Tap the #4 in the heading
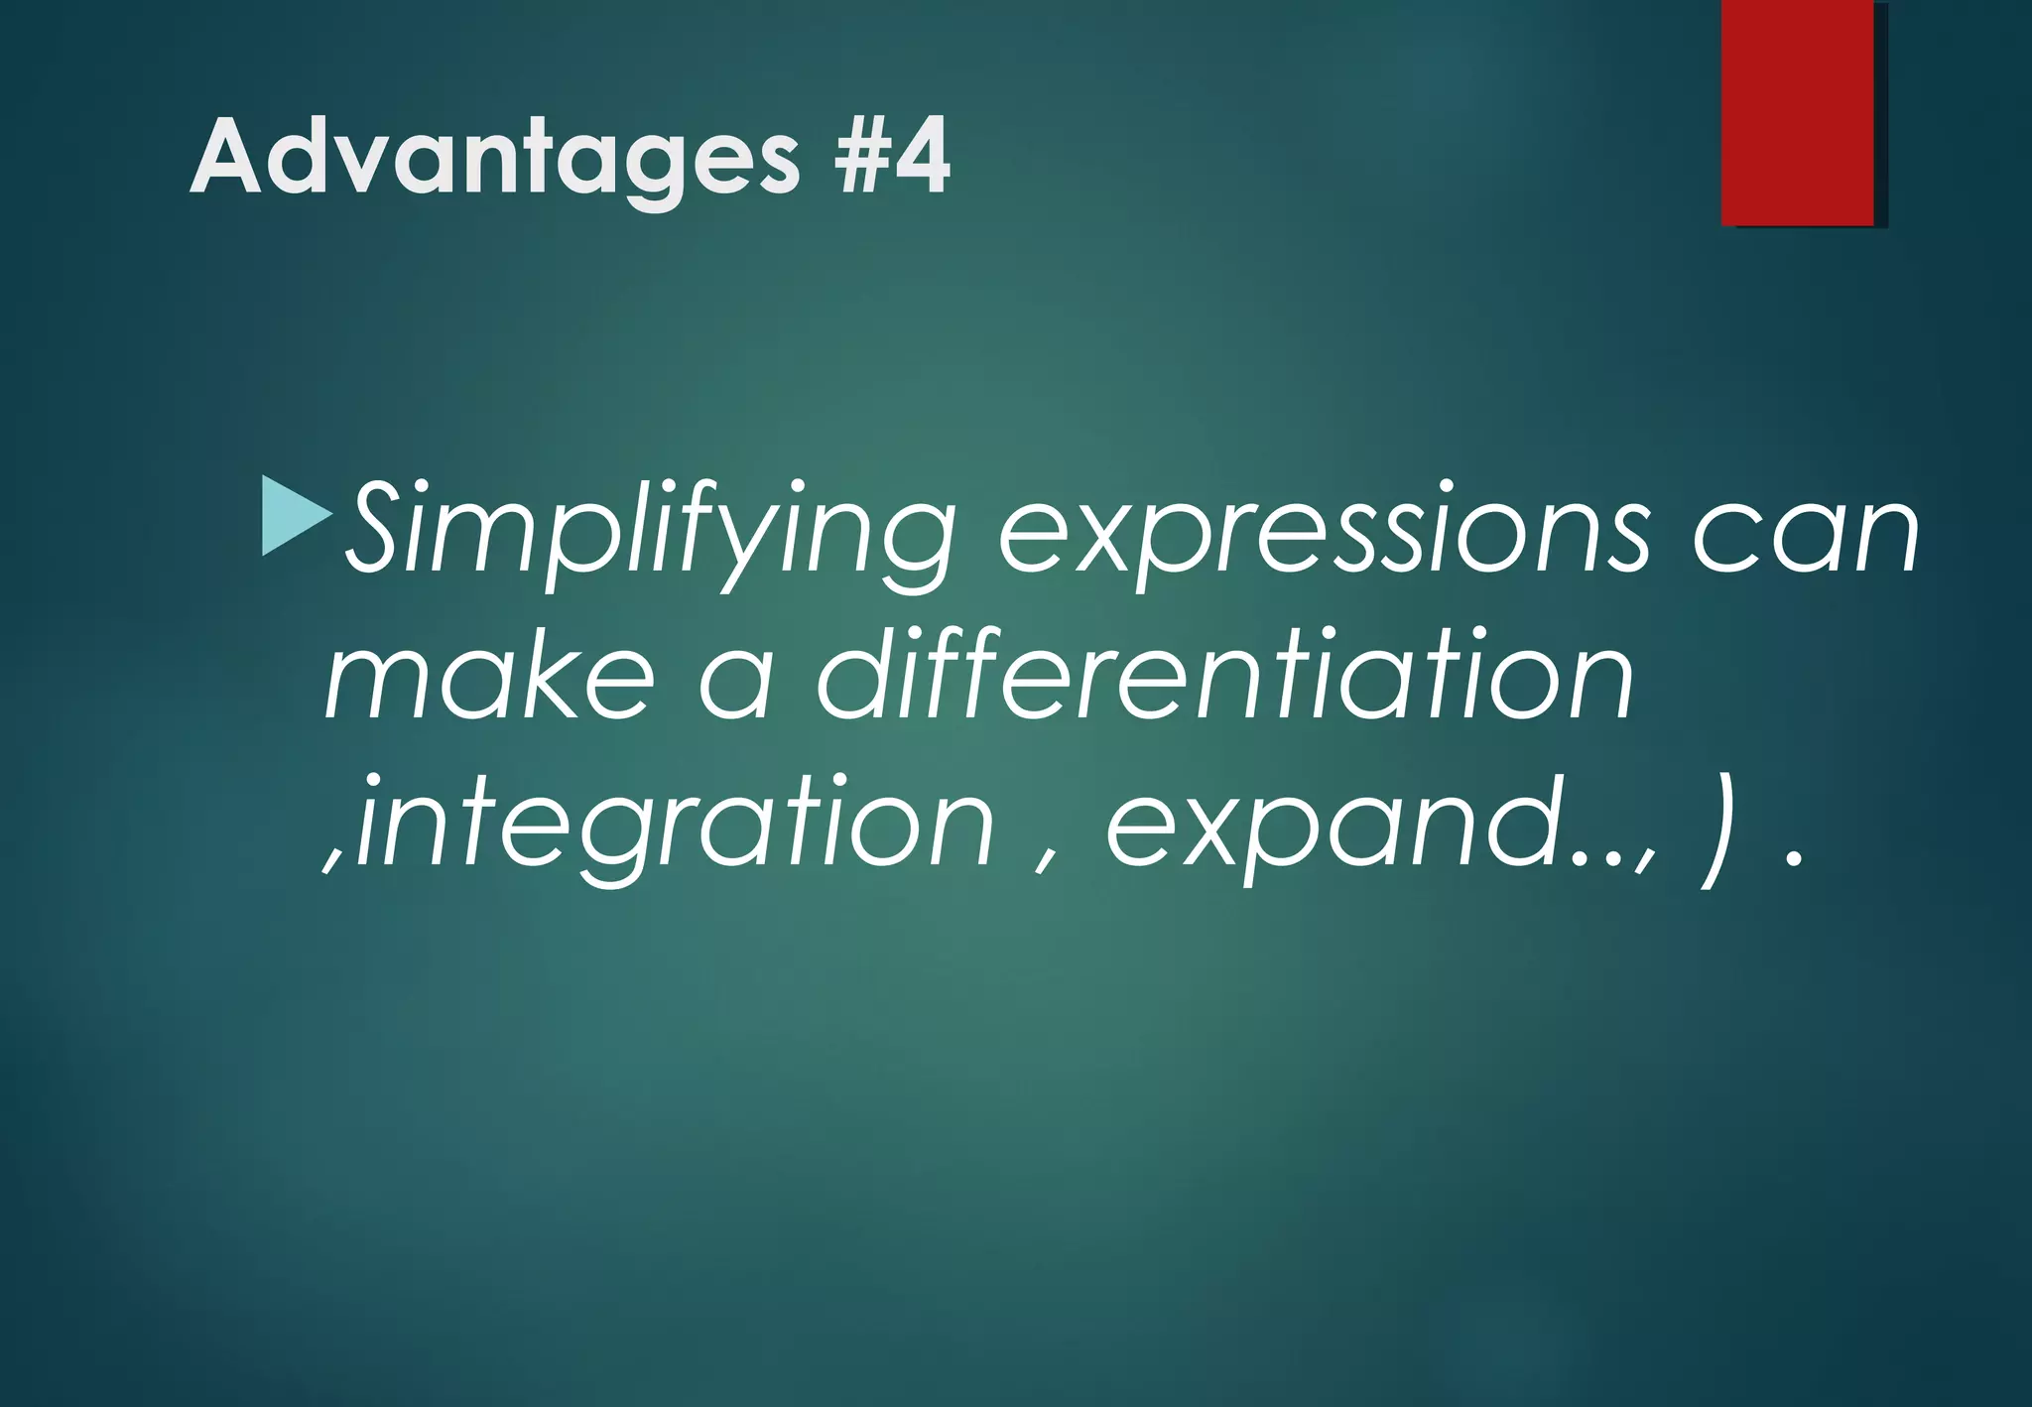click(891, 157)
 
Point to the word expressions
click(1325, 531)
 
